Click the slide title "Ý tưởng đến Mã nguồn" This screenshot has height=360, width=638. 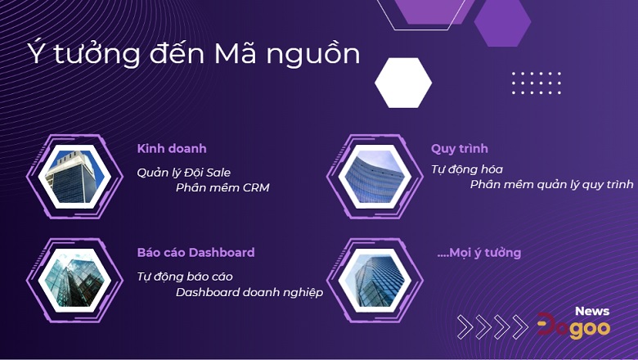tap(194, 53)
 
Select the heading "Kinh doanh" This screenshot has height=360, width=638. tap(172, 149)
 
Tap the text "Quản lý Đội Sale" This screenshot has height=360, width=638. tap(184, 172)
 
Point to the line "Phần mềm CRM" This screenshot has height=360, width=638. tap(222, 188)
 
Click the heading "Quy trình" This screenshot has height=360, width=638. tap(460, 149)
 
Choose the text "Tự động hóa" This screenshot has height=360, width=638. tap(467, 169)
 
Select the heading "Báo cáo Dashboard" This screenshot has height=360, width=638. tap(195, 253)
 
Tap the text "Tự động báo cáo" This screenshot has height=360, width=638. tap(185, 277)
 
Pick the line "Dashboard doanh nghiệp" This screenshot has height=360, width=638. tap(249, 292)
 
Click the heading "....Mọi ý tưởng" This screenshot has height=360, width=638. tap(479, 253)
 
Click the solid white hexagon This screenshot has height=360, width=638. tap(403, 83)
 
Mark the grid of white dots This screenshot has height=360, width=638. tap(537, 83)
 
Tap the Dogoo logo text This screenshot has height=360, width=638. tap(573, 327)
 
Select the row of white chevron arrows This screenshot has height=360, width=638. tap(492, 326)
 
